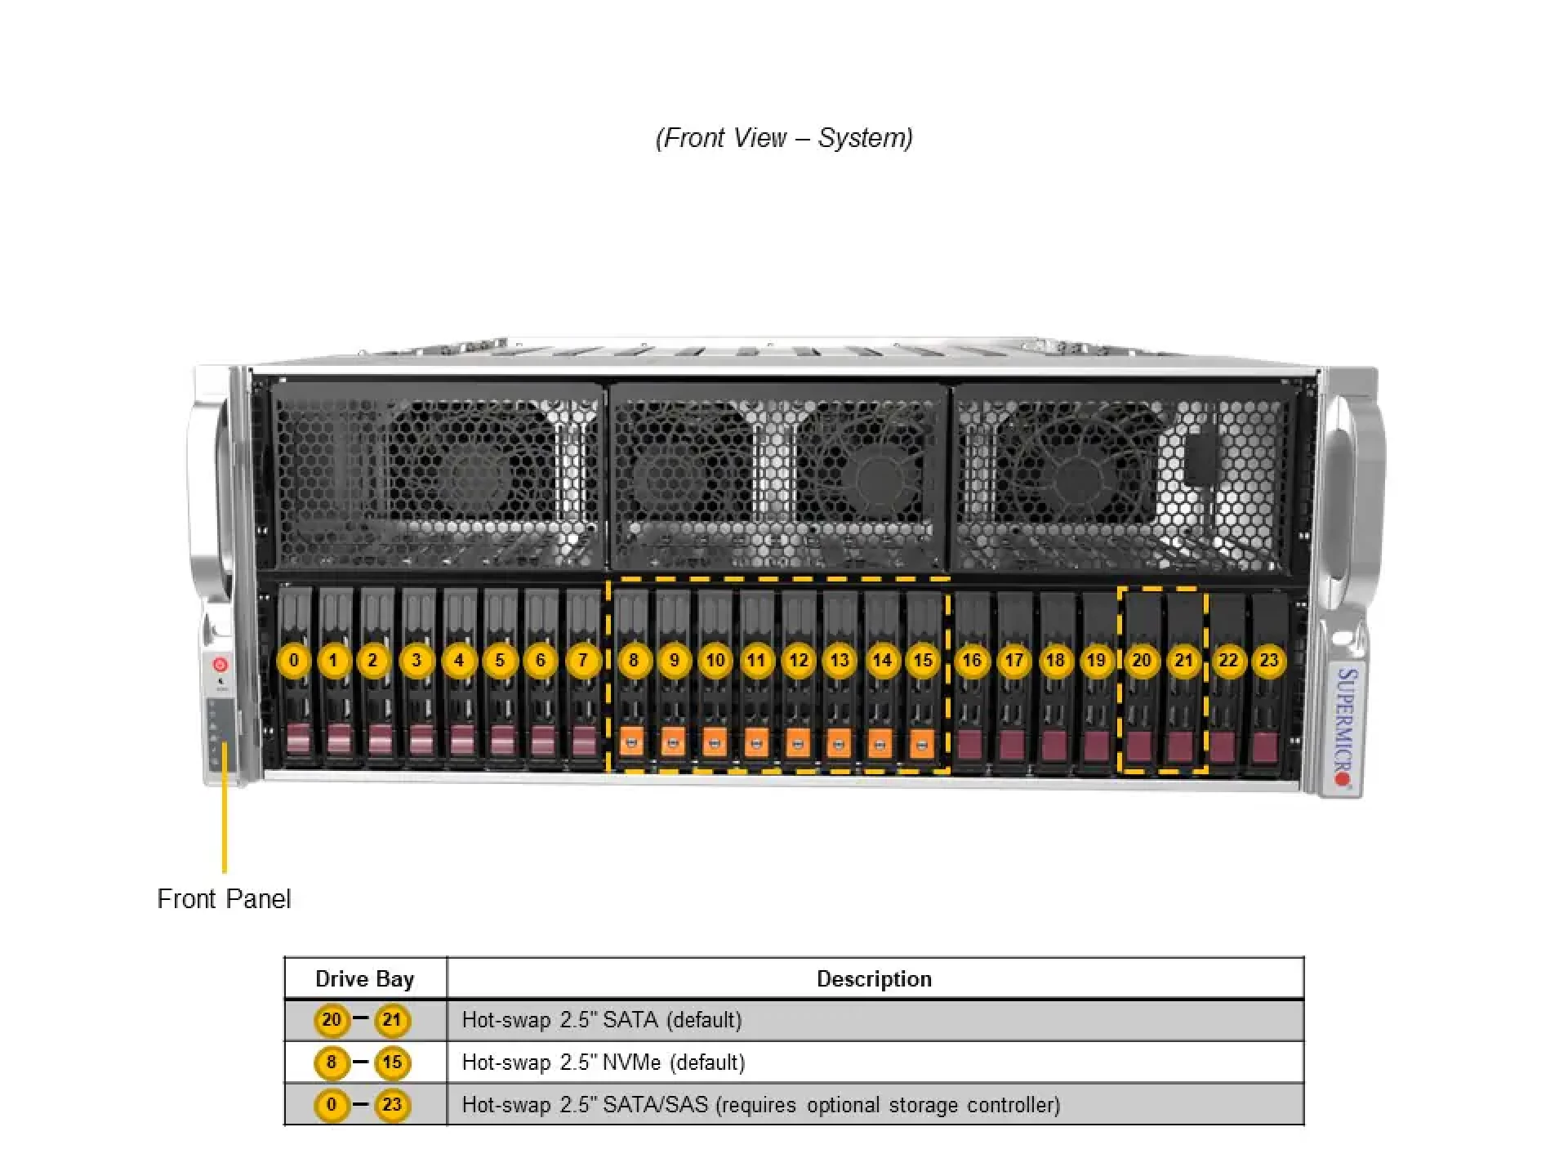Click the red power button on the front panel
(x=220, y=665)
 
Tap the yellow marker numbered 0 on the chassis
(x=294, y=660)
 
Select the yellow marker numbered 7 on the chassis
(x=582, y=660)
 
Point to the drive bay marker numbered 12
(x=799, y=660)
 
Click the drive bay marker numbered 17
(x=1013, y=660)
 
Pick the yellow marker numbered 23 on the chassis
(x=1268, y=660)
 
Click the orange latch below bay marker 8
(x=631, y=742)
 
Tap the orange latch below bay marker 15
(x=921, y=742)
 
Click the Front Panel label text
(x=224, y=898)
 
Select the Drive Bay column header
(x=365, y=978)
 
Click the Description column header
(x=874, y=978)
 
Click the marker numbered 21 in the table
(x=392, y=1020)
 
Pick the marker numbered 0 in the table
(x=332, y=1105)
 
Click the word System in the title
(x=862, y=138)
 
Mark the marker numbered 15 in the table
(x=392, y=1062)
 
